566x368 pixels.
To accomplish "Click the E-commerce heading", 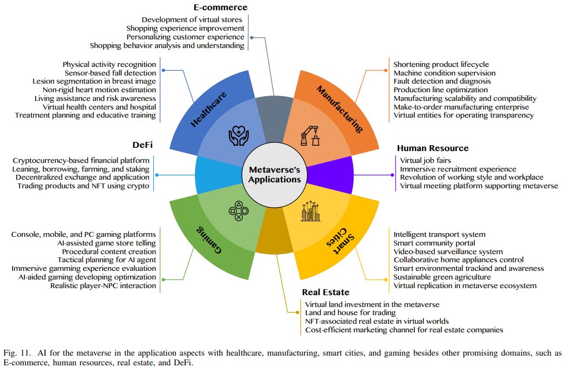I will click(x=220, y=8).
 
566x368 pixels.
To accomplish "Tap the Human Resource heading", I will click(x=433, y=148).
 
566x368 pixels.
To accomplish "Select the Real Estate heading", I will click(x=325, y=292).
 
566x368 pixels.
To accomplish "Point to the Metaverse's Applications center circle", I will click(x=275, y=174).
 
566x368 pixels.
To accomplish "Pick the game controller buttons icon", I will click(x=237, y=211).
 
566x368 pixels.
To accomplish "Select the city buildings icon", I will click(x=311, y=212).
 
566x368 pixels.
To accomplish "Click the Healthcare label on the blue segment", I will click(x=209, y=109).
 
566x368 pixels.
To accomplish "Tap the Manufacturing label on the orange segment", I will click(x=339, y=108).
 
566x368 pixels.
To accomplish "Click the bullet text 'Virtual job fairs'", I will click(x=425, y=160).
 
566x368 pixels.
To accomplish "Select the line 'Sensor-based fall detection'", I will click(x=110, y=73).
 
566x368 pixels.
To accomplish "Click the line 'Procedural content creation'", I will click(x=109, y=251).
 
